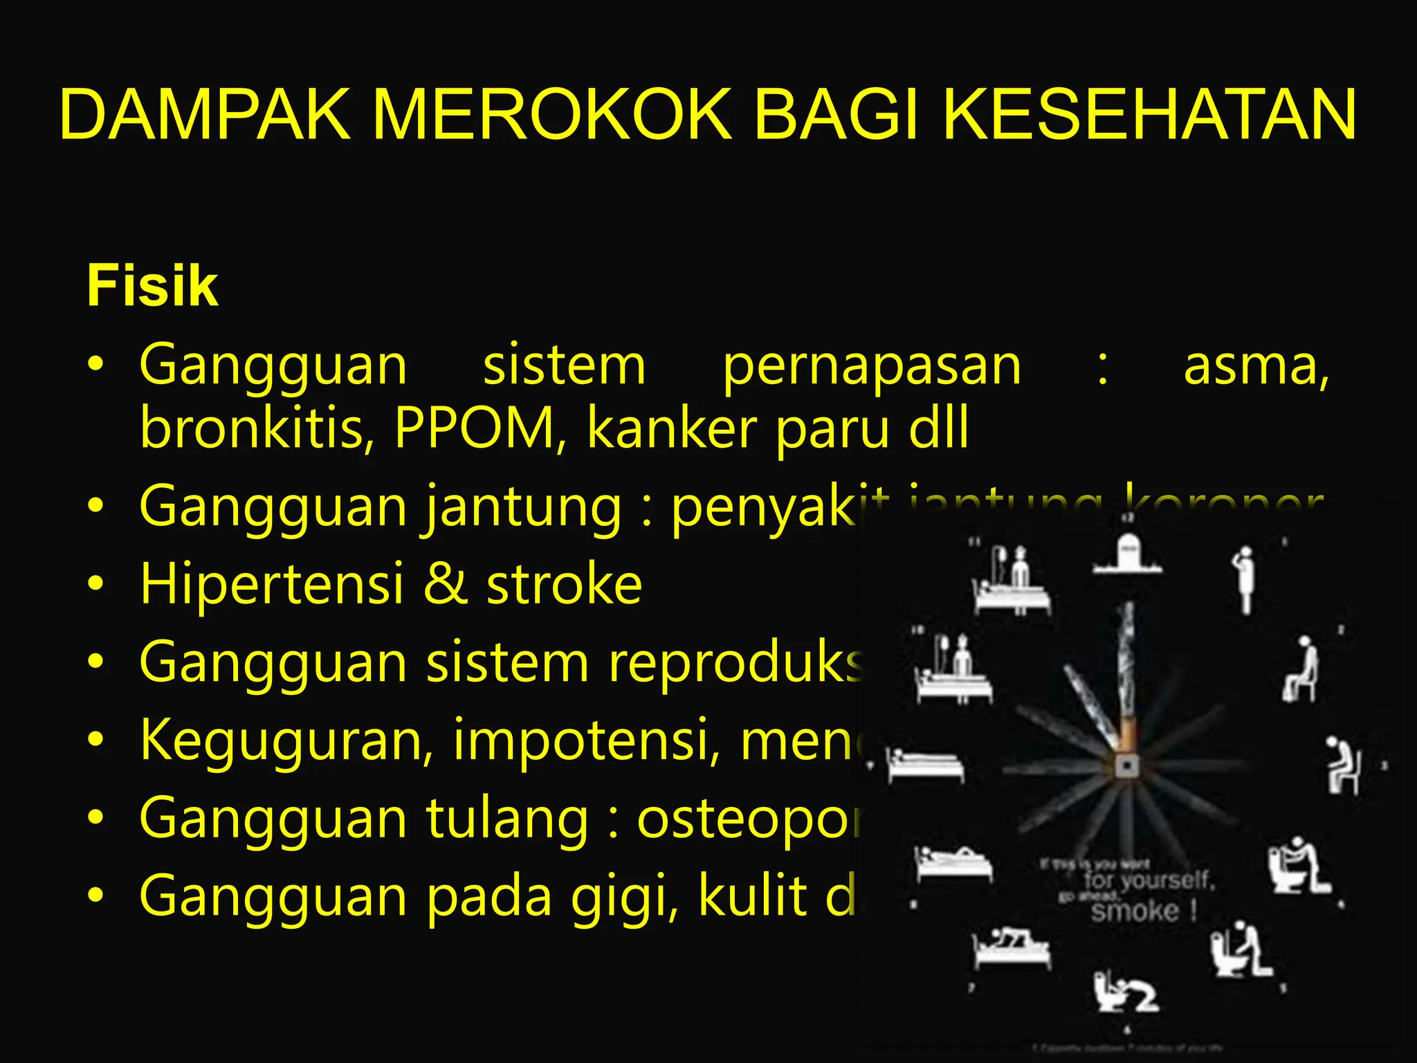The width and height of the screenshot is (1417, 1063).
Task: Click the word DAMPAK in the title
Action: (205, 115)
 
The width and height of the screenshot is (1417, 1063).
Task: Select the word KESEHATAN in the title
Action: (1149, 115)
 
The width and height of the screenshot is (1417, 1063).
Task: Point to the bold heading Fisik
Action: (152, 286)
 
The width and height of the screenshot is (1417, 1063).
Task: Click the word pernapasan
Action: (872, 367)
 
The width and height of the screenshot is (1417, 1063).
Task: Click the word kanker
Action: (671, 429)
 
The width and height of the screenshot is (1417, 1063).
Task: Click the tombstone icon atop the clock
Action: (1128, 554)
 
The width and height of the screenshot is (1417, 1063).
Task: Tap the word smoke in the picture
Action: (1135, 911)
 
